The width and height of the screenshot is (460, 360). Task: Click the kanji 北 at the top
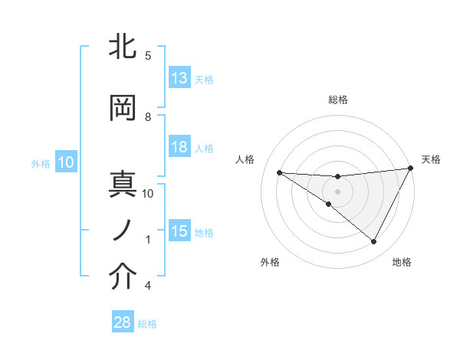pos(124,47)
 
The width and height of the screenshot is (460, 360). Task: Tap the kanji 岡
pos(124,109)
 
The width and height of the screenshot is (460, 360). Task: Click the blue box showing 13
pos(179,78)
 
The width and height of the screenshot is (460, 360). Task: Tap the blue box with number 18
pos(179,148)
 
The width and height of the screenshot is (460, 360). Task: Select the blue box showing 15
pos(179,231)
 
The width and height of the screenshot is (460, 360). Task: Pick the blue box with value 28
pos(123,322)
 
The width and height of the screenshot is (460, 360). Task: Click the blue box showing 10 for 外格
pos(65,162)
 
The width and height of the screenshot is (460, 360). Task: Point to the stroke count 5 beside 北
pos(148,55)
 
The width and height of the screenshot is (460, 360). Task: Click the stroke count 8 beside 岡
pos(148,116)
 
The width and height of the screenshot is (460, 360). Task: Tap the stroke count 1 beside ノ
pos(148,239)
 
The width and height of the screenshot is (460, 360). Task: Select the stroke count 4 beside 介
pos(148,286)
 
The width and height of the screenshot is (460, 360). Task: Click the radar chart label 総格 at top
pos(337,99)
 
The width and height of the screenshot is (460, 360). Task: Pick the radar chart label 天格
pos(431,159)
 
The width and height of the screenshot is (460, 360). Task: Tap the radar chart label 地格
pos(402,262)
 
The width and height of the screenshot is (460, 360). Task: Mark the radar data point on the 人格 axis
pos(279,172)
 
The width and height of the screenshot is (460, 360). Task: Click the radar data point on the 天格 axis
pos(411,169)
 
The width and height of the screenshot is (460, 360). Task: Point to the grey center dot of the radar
pos(337,191)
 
